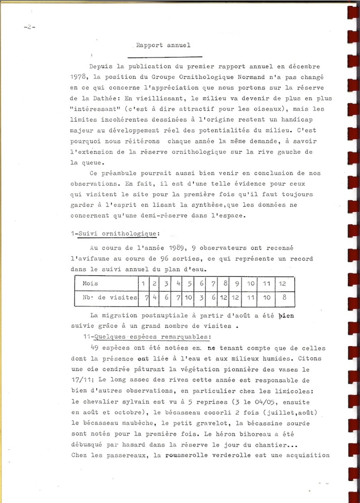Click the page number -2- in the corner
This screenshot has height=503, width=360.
29,27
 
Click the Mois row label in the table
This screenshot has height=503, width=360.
90,283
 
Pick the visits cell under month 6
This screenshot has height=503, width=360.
201,298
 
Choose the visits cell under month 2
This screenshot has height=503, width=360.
154,298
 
